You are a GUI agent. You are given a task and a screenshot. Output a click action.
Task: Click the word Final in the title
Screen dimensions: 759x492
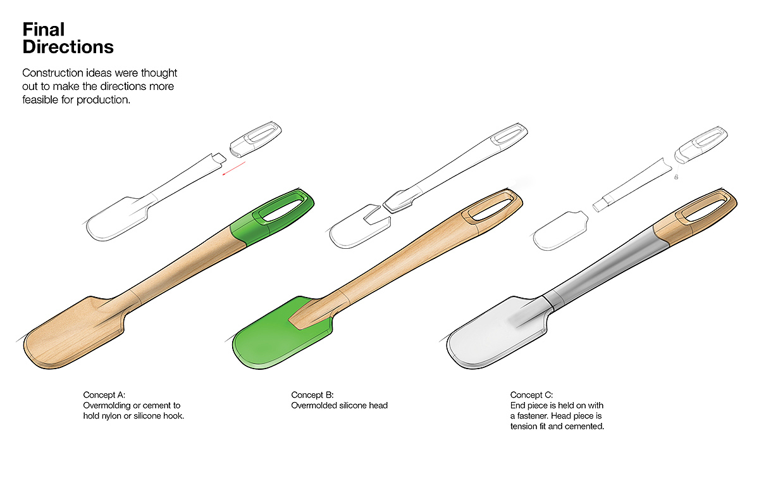44,29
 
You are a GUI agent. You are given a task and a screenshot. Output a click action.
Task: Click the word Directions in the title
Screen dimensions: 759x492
68,47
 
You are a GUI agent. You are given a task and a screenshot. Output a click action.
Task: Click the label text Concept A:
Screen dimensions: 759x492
104,395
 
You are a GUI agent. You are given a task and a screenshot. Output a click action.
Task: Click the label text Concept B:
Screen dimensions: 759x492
312,395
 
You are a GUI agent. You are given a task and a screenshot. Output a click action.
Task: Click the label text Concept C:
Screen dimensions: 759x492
532,395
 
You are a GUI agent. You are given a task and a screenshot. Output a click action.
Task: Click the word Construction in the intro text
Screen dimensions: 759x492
51,73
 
